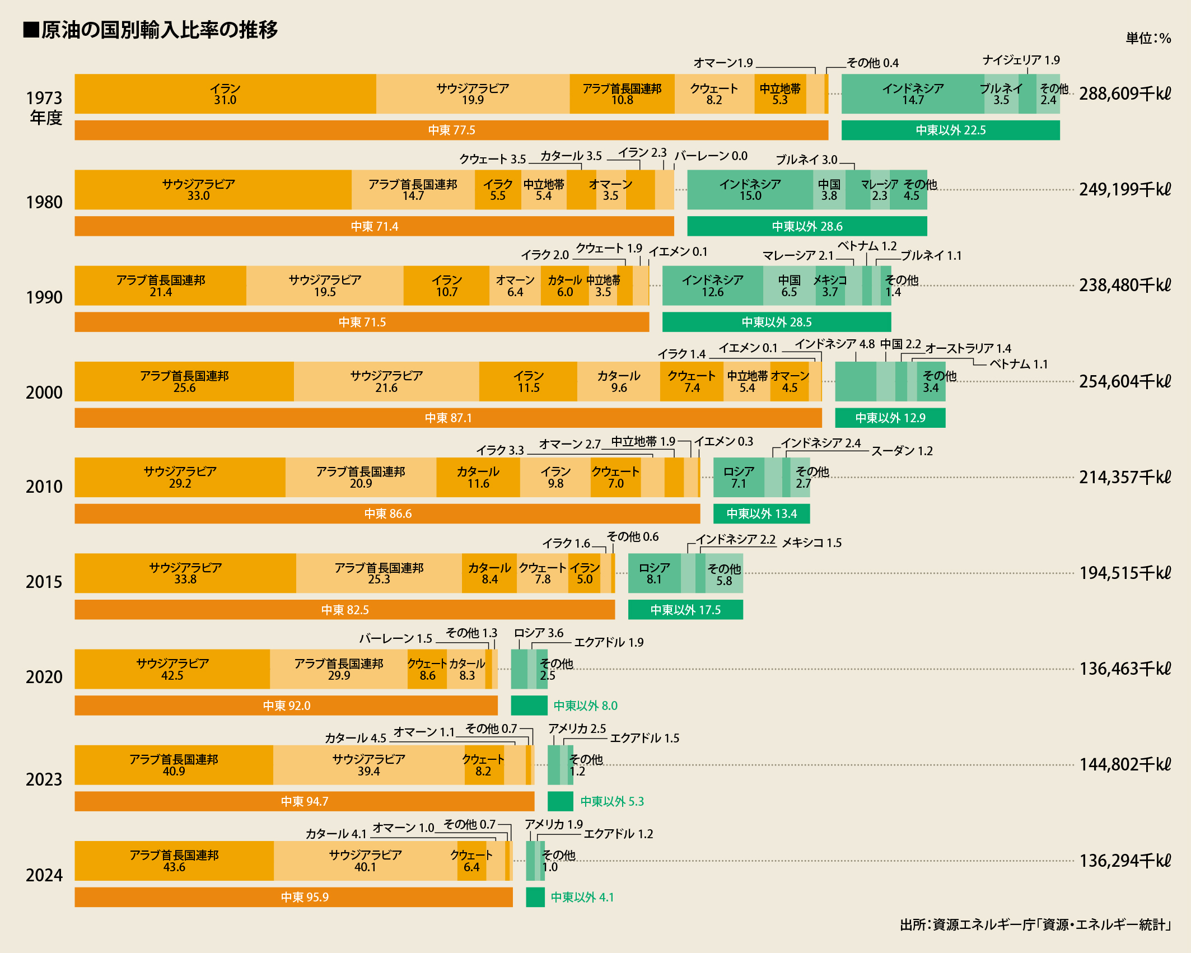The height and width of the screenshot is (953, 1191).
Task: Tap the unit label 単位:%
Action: pyautogui.click(x=1148, y=39)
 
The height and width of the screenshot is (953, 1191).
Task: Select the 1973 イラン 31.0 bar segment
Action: pyautogui.click(x=225, y=94)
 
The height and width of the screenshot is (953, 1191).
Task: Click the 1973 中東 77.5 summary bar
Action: pyautogui.click(x=451, y=130)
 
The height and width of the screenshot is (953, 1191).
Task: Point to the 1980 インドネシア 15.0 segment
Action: pyautogui.click(x=750, y=190)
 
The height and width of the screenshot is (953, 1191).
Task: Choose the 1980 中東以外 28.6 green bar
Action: pyautogui.click(x=807, y=226)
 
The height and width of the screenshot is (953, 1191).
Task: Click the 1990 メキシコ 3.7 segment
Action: pyautogui.click(x=830, y=286)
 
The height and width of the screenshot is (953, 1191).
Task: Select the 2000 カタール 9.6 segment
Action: pyautogui.click(x=619, y=381)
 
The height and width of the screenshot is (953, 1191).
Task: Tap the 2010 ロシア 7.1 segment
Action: pyautogui.click(x=739, y=477)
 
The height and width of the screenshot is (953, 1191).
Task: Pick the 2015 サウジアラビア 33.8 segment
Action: pyautogui.click(x=185, y=573)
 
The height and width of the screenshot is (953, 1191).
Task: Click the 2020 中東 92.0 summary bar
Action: pyautogui.click(x=286, y=706)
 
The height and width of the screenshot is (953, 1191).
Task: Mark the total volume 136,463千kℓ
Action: pyautogui.click(x=1125, y=669)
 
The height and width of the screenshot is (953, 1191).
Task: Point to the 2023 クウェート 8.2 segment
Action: pyautogui.click(x=484, y=765)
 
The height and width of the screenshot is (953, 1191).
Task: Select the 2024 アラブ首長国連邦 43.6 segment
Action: pyautogui.click(x=174, y=861)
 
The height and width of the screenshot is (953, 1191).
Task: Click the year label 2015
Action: pyautogui.click(x=44, y=582)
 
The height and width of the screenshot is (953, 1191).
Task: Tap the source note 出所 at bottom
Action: pyautogui.click(x=1035, y=924)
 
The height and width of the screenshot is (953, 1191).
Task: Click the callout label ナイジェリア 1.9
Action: pyautogui.click(x=1021, y=60)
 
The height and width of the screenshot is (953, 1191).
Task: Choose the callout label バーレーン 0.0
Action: pyautogui.click(x=711, y=156)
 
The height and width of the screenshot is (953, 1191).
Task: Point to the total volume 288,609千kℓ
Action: pyautogui.click(x=1125, y=94)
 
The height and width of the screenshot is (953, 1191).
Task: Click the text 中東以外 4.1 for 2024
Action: pyautogui.click(x=582, y=897)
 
